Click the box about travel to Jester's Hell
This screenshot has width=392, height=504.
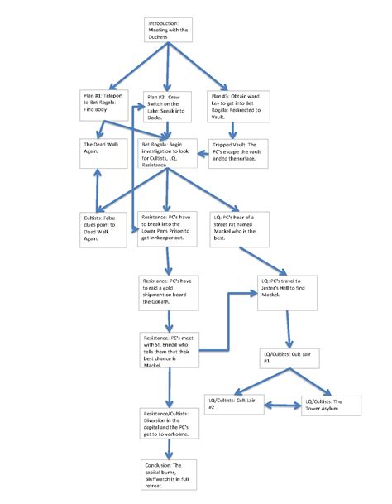click(x=286, y=291)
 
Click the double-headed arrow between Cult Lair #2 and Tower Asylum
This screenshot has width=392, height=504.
click(x=286, y=406)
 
